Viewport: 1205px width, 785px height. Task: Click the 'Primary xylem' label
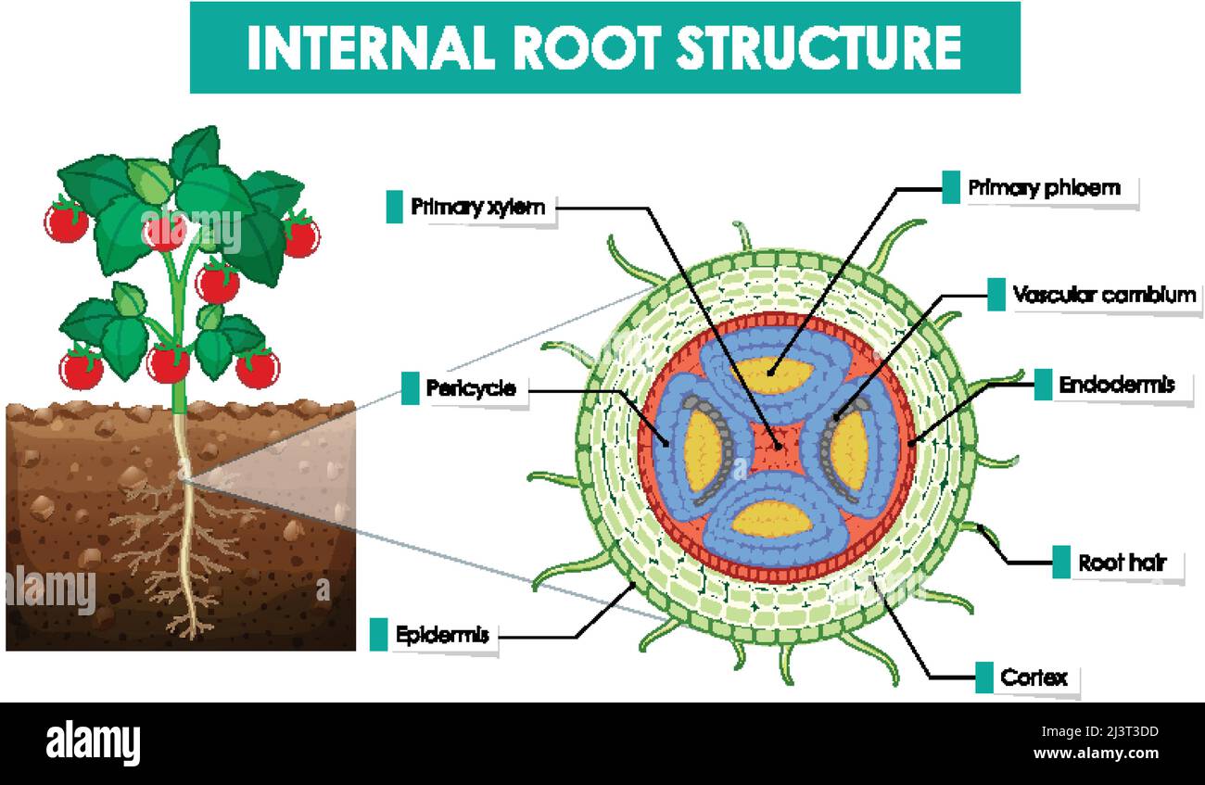point(478,207)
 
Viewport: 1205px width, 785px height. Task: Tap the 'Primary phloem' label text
point(1044,188)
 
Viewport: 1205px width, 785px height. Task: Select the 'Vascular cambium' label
point(1104,296)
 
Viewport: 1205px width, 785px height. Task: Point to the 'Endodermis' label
point(1116,385)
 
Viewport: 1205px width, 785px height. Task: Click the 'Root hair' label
point(1122,563)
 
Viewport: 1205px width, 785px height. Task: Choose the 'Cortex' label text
point(1034,677)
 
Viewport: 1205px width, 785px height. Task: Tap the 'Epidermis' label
point(441,636)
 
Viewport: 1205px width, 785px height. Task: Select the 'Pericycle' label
point(471,388)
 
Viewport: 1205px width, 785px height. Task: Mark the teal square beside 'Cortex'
point(983,677)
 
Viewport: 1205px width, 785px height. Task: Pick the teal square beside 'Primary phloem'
point(951,187)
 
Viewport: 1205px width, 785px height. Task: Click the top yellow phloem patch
point(772,374)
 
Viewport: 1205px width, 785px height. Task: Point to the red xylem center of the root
point(775,446)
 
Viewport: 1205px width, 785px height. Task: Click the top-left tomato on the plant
point(67,222)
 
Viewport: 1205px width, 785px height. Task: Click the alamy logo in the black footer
point(94,743)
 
